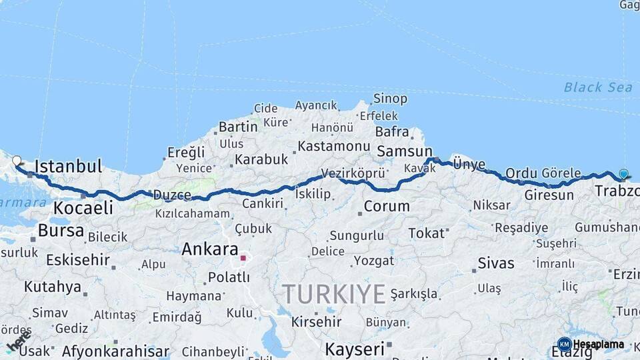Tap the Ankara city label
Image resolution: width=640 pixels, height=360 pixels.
(x=210, y=249)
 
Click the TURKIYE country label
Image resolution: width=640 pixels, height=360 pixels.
(x=334, y=293)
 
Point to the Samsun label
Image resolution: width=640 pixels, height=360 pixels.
(x=404, y=151)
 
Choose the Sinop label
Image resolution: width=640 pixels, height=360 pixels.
(x=390, y=99)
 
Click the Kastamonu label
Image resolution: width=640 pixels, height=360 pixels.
(x=333, y=145)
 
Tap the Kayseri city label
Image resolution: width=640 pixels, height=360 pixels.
(x=355, y=349)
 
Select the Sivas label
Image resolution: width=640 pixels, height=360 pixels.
(x=496, y=263)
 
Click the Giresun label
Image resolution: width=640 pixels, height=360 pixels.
(x=549, y=195)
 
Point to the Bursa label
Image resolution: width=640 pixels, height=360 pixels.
(x=61, y=231)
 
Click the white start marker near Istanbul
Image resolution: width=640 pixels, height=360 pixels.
(x=17, y=161)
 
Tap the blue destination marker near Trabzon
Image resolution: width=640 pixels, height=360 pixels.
(x=623, y=174)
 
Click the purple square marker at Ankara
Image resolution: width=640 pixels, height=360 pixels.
(x=243, y=257)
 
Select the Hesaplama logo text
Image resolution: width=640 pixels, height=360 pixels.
(x=598, y=345)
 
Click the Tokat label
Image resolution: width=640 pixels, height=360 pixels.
(x=426, y=233)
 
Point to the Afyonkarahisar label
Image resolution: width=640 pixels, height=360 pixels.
(x=115, y=351)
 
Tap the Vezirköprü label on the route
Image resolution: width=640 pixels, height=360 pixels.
(x=353, y=173)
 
